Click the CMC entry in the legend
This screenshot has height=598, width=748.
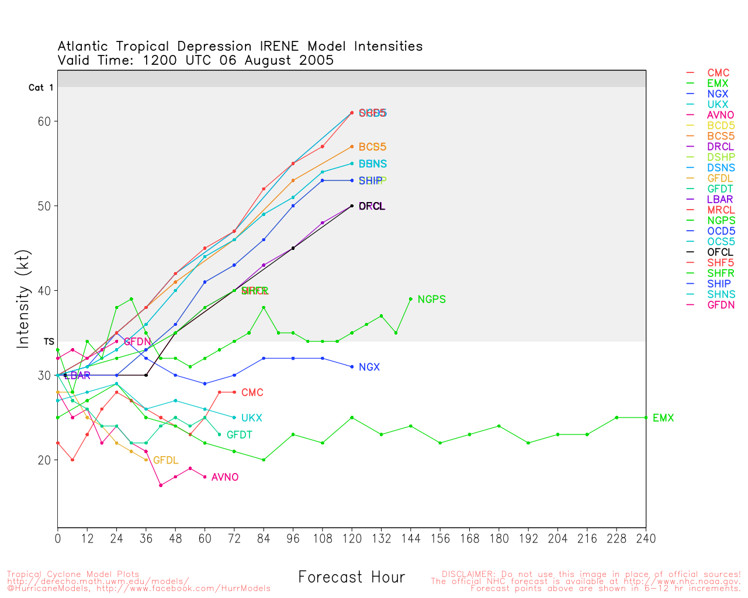pyautogui.click(x=718, y=73)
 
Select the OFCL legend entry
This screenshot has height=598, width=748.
pyautogui.click(x=720, y=252)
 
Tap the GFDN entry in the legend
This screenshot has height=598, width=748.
pyautogui.click(x=721, y=305)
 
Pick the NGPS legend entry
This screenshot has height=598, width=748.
pyautogui.click(x=721, y=221)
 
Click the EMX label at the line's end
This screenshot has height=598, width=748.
pyautogui.click(x=663, y=418)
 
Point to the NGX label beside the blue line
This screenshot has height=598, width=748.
pyautogui.click(x=369, y=367)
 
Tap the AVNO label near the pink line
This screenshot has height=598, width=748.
pyautogui.click(x=225, y=478)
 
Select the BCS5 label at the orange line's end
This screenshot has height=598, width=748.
pyautogui.click(x=372, y=147)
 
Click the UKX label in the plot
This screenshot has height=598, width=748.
pyautogui.click(x=252, y=418)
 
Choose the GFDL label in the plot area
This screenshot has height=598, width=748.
pyautogui.click(x=165, y=461)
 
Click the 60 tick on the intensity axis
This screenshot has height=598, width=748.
pyautogui.click(x=45, y=121)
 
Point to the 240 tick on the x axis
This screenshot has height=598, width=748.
pyautogui.click(x=646, y=538)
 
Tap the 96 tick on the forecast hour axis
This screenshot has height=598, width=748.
pyautogui.click(x=293, y=538)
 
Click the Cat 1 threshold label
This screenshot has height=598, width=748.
pyautogui.click(x=41, y=88)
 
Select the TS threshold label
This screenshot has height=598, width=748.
pyautogui.click(x=49, y=342)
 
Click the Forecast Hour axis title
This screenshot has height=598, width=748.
pyautogui.click(x=351, y=577)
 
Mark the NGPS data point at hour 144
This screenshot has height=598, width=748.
pyautogui.click(x=411, y=299)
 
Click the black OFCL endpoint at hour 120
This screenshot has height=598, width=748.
pyautogui.click(x=352, y=206)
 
